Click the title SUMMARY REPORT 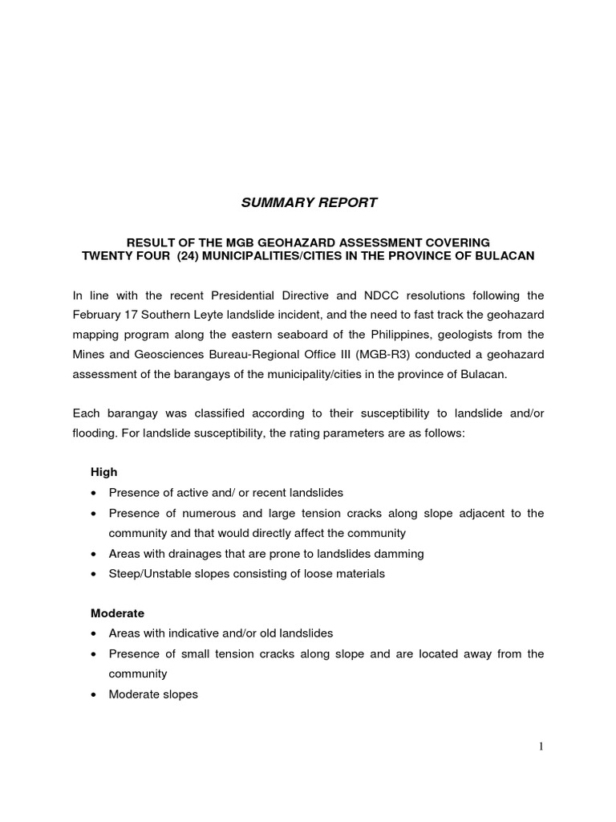point(309,203)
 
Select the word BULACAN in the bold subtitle point(508,255)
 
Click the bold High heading point(103,472)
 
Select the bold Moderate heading point(117,613)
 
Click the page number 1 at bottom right point(541,747)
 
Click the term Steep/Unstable point(148,573)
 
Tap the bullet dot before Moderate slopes point(95,694)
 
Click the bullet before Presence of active point(95,493)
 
